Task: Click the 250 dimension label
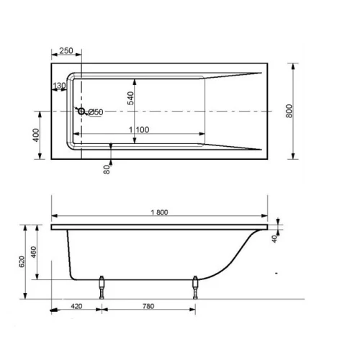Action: coord(66,50)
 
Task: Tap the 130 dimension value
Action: coord(59,86)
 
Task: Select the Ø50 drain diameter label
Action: coord(96,112)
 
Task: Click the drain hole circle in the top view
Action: coord(81,111)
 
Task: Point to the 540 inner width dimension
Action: coord(130,98)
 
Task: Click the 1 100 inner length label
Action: coord(139,130)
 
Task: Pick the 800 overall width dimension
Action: coord(289,111)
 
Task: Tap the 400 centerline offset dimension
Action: coord(36,135)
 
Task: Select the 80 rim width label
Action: coord(107,169)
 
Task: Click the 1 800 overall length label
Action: coord(159,212)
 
